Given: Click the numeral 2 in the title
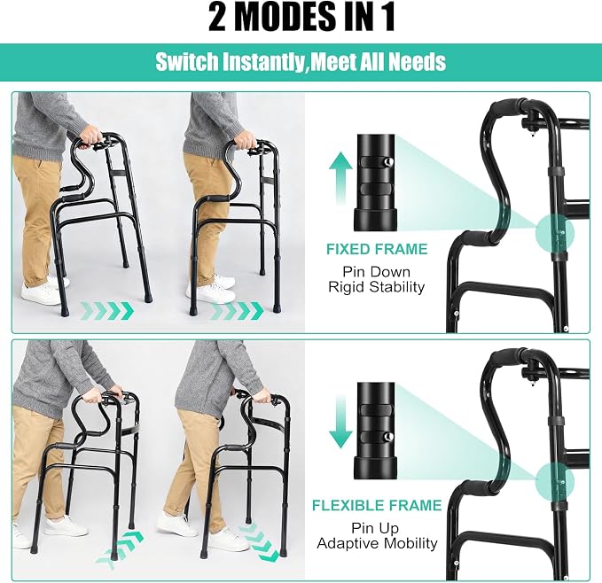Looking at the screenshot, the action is coord(216,17).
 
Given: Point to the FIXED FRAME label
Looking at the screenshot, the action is coord(377,249).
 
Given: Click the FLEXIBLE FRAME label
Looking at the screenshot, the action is coord(377,505).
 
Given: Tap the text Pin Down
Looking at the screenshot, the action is coord(376,271).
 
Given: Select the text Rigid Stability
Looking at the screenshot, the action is coord(376,287).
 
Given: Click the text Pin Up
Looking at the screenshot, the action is coord(375,528).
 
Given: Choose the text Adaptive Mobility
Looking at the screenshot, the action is coord(377,543).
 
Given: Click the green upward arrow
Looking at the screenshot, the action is coord(340,179).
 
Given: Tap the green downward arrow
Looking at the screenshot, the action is coord(340,423).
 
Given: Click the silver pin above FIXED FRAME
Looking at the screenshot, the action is coord(388,161).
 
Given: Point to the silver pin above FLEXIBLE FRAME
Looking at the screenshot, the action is coord(388,436).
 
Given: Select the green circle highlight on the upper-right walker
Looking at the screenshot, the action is coord(555,233).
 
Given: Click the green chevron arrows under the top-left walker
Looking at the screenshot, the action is coord(106,310).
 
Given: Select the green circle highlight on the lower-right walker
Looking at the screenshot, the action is coord(555,482).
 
